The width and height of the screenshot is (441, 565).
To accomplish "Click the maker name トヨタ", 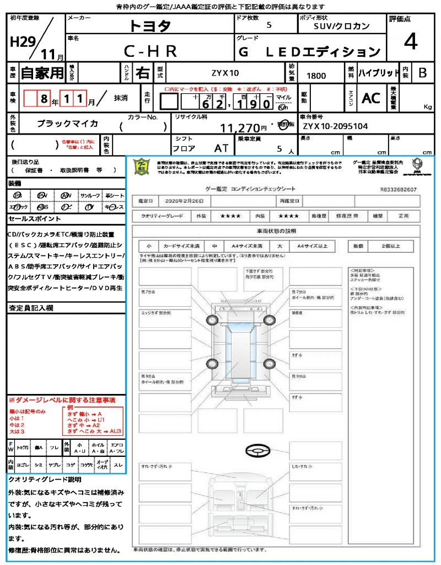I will click(x=150, y=26).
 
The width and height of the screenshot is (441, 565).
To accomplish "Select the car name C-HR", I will click(x=150, y=51).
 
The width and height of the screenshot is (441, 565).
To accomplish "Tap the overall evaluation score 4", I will click(x=410, y=42).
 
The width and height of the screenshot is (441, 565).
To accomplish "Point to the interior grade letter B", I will click(x=422, y=73).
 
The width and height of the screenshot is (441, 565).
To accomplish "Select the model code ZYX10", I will click(x=225, y=73).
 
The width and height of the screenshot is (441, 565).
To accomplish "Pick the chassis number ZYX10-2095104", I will click(x=335, y=126).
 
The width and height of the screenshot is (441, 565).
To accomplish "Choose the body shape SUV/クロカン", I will click(x=342, y=26).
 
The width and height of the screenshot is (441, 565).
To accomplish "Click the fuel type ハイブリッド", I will click(x=379, y=73).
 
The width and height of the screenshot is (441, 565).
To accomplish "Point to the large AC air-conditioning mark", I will click(x=371, y=98).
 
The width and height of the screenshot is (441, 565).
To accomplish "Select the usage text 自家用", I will click(x=42, y=73).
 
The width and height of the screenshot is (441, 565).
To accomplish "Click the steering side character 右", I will click(x=142, y=73).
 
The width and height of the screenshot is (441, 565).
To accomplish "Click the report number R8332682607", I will click(x=399, y=189).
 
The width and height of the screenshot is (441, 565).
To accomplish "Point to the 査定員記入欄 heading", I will click(x=30, y=307).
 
